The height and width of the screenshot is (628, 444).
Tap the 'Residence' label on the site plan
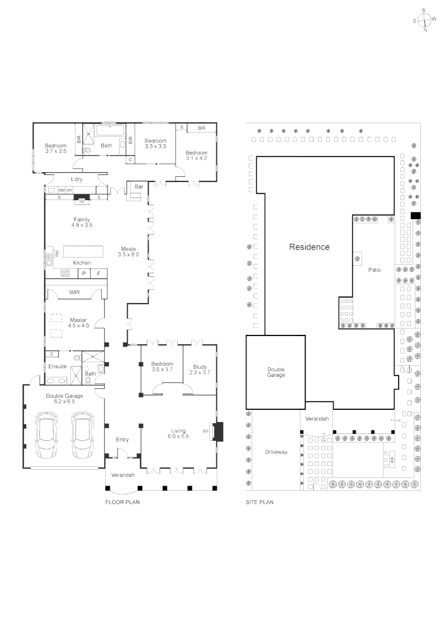coord(309,247)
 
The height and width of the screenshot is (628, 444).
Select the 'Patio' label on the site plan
coord(374,270)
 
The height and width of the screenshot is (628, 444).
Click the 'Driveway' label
coord(276,452)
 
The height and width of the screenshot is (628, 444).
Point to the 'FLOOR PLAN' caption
coord(122,502)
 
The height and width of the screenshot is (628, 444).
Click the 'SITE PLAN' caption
coord(259,502)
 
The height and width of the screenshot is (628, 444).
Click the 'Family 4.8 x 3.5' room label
coord(82,222)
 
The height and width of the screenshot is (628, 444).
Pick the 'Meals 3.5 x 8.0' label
coord(128,251)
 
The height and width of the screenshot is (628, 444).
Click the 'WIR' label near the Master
coord(74,292)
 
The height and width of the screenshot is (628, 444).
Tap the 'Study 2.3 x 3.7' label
coord(200,370)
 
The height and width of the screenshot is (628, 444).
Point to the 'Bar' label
coord(139,187)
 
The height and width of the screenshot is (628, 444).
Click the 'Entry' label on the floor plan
coord(122,440)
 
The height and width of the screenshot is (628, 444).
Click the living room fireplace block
coord(218,432)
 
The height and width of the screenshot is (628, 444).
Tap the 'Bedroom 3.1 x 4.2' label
coord(196,155)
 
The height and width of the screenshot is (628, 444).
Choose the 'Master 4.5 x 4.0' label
coord(78,323)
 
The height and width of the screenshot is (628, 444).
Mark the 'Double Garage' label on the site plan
coord(276,372)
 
